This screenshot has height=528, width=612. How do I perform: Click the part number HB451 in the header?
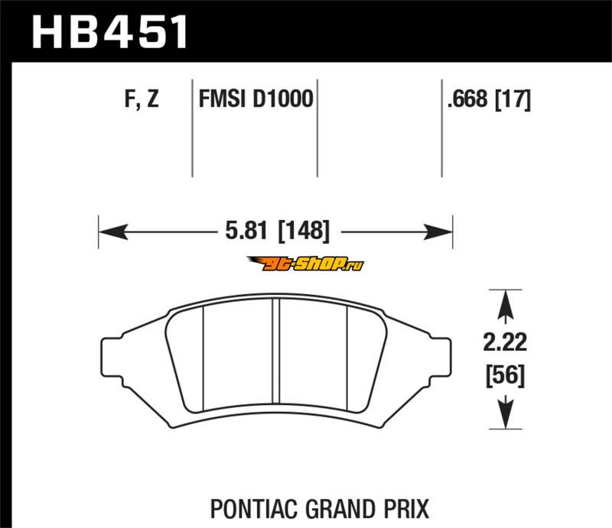(x=109, y=32)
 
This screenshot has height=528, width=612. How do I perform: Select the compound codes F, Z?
(x=142, y=99)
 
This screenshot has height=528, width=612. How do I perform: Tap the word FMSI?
(x=222, y=99)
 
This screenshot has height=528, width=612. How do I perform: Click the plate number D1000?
(x=283, y=99)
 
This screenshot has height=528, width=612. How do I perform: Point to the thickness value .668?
(x=467, y=99)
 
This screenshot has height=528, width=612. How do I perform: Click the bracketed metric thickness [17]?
(x=513, y=99)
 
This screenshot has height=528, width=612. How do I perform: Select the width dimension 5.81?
(x=246, y=230)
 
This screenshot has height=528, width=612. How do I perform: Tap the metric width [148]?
(x=304, y=231)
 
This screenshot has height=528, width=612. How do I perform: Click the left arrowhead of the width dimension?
(x=113, y=232)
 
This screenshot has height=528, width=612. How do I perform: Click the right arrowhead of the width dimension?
(x=438, y=232)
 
